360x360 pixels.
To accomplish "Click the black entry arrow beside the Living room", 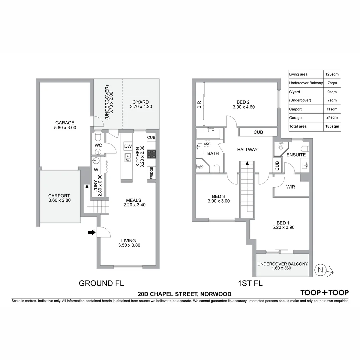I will (91, 233).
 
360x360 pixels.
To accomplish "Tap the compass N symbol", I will (321, 270).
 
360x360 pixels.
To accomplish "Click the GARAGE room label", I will (65, 123).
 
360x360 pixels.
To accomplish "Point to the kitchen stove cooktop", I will (151, 154).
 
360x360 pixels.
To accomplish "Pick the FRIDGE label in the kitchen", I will (151, 173).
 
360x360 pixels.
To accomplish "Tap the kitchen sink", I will (128, 157).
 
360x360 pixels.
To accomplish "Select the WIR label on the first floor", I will (291, 187).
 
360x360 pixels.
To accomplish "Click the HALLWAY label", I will (247, 150).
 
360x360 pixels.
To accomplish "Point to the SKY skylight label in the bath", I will (207, 143).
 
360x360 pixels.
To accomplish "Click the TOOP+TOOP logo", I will (324, 293).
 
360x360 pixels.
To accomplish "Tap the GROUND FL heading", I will (101, 283).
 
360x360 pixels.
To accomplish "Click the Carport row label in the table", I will (295, 109).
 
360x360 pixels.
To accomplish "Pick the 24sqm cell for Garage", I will (332, 117).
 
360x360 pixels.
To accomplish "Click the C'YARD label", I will (140, 102).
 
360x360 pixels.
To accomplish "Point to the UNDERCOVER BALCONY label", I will (283, 264).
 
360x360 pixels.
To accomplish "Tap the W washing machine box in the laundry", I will (96, 170).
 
